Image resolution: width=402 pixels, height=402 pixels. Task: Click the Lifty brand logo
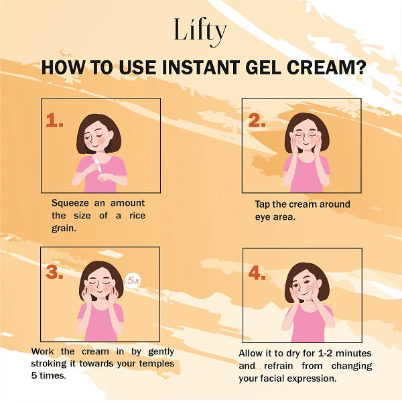point(200,32)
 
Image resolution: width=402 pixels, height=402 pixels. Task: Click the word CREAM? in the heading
point(327,68)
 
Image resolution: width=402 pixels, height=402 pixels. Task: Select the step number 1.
point(55,120)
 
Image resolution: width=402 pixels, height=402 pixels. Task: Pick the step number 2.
point(257,120)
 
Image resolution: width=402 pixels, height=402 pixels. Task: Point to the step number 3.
point(55,272)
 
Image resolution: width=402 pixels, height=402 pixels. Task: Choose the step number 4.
point(257,273)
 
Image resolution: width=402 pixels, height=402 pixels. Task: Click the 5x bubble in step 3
point(133,281)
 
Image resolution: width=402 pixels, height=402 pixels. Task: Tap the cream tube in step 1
point(97,166)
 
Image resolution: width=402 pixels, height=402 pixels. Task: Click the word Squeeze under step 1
point(70,204)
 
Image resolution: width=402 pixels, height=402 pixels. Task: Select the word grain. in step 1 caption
point(64,228)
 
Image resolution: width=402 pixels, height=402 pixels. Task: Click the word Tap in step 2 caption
point(262,204)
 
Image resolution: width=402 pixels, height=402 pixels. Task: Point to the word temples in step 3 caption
point(157,364)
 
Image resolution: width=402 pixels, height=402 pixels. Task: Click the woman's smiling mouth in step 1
point(94,145)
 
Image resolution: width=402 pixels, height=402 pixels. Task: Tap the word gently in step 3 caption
point(161,352)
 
